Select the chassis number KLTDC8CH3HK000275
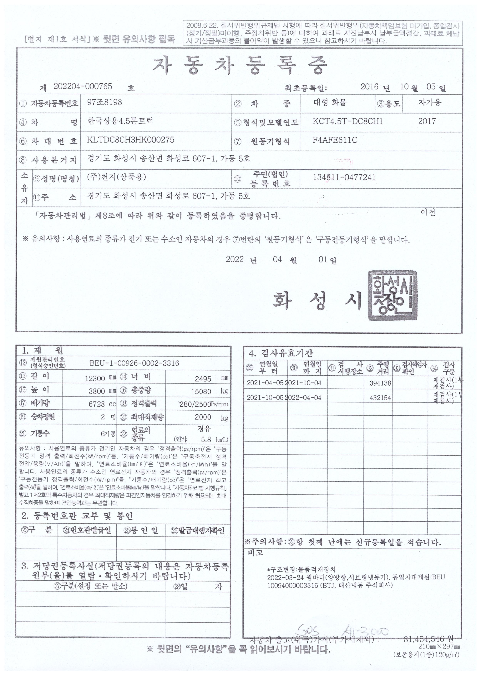[130, 140]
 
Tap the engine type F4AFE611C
[335, 140]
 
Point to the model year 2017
[427, 121]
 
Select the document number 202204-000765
[83, 86]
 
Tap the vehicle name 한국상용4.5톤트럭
[120, 121]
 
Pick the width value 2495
[203, 379]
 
